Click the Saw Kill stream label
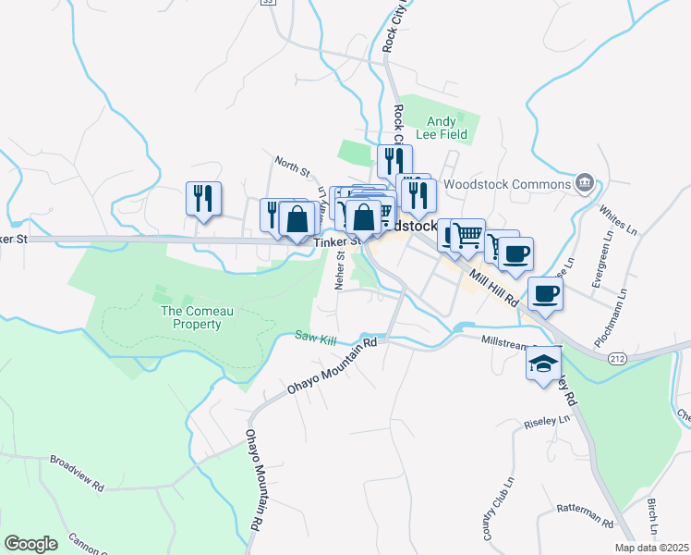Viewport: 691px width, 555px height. point(316,339)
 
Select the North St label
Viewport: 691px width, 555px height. point(292,166)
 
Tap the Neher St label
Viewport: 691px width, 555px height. point(340,271)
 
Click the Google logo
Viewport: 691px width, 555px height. point(30,544)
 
